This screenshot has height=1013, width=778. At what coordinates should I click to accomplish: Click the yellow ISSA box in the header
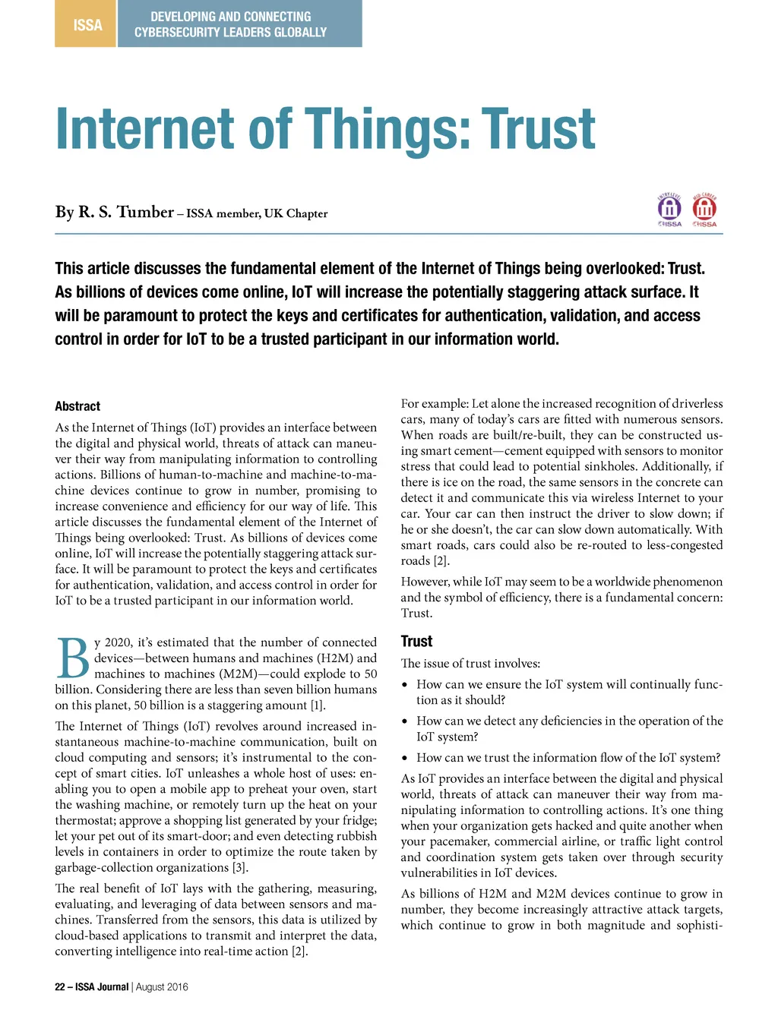[87, 24]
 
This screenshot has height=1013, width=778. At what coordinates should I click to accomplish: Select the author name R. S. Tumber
[126, 212]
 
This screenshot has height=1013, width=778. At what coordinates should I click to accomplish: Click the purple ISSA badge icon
[669, 209]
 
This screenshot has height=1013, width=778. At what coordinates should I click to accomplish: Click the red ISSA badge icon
[704, 209]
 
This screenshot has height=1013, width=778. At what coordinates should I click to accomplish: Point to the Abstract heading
[77, 406]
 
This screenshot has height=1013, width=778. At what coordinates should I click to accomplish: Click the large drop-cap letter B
[72, 658]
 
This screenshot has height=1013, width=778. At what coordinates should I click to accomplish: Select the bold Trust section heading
[416, 642]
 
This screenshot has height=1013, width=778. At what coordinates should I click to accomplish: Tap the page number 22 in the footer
[60, 986]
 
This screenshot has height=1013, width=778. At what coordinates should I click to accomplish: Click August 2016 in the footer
[162, 986]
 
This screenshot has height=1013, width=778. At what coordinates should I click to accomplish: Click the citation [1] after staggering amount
[317, 705]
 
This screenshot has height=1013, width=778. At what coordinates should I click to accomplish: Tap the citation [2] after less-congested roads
[441, 561]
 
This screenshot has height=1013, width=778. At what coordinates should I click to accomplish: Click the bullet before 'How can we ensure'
[406, 685]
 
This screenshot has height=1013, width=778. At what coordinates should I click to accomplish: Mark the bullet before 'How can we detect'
[406, 721]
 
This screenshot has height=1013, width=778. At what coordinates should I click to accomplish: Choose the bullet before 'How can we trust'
[406, 758]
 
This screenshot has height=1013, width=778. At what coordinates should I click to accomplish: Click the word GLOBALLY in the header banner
[299, 33]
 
